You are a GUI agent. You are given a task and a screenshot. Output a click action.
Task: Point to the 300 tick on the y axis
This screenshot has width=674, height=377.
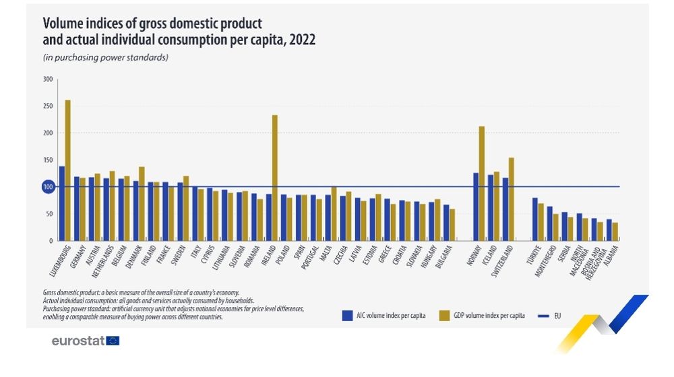point(47,79)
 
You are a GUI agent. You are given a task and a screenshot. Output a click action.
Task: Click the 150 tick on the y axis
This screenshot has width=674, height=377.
point(47,160)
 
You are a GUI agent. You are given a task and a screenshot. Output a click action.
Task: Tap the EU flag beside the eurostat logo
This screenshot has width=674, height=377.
point(113,341)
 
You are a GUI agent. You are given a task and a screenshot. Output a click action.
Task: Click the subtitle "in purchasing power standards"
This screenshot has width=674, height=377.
point(105,57)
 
